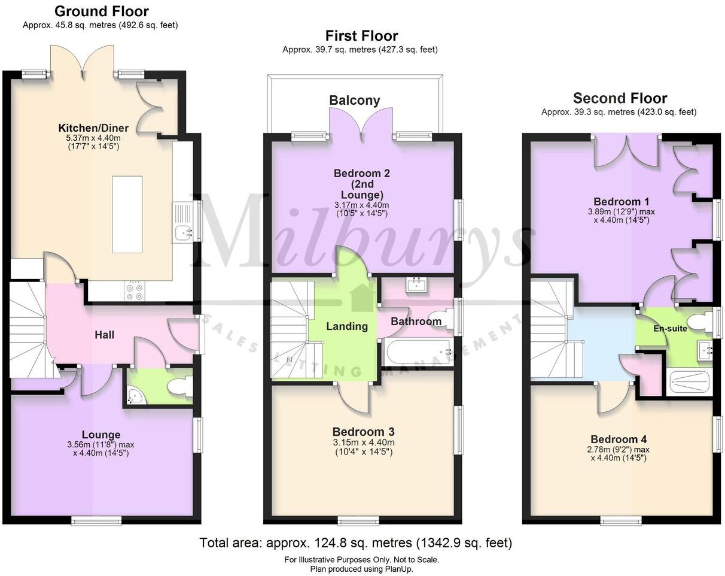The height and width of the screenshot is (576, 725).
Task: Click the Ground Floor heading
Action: (x=102, y=11)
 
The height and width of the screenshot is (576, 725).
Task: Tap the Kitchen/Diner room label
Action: (x=93, y=128)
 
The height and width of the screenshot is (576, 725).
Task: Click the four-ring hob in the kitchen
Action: (x=135, y=291)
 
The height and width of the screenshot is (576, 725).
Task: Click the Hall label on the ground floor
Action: (x=105, y=335)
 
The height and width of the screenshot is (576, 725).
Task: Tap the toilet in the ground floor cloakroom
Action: (x=179, y=387)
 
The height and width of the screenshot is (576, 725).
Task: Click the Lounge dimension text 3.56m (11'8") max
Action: (x=101, y=444)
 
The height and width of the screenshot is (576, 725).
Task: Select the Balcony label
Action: (x=355, y=101)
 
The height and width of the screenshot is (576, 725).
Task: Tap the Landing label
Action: (x=347, y=326)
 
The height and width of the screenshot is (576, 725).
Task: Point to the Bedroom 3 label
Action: (x=363, y=432)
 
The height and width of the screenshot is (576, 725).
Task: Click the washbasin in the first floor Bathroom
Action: (x=418, y=285)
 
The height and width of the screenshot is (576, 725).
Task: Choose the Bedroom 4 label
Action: (x=619, y=439)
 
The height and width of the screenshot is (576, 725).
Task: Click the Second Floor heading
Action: (x=620, y=98)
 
